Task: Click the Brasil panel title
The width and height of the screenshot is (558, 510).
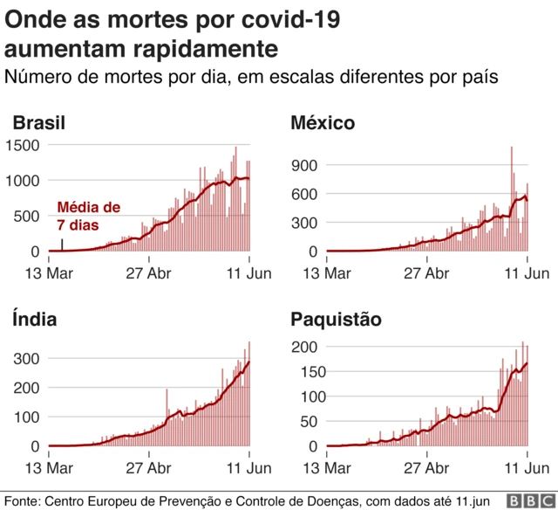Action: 38,123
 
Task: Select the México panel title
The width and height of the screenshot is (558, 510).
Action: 323,123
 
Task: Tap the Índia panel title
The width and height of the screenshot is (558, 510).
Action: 35,319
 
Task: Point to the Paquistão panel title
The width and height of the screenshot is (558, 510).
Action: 336,319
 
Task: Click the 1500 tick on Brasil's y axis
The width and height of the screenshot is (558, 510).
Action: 23,145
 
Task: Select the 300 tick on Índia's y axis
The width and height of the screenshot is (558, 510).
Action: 27,358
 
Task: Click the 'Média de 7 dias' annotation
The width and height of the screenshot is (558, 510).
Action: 88,216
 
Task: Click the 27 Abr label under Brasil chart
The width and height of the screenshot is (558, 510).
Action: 149,273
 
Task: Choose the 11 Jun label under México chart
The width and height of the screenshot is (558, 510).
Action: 528,273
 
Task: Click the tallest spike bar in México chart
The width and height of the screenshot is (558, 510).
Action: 512,148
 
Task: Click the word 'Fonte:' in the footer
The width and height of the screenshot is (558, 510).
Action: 23,500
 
